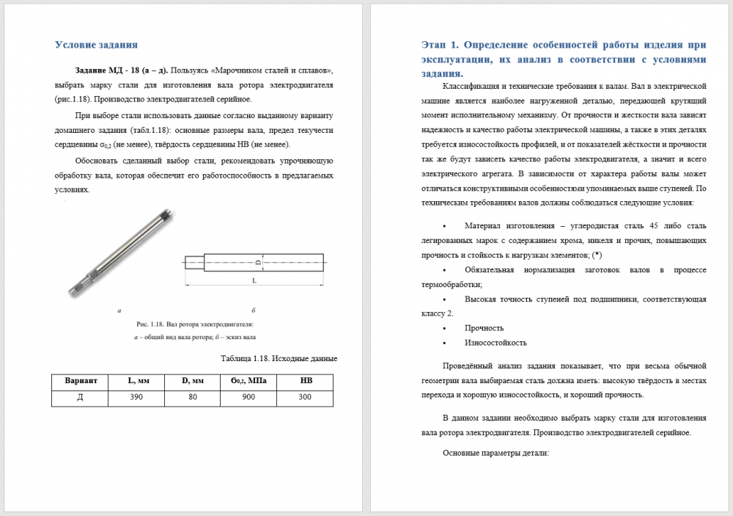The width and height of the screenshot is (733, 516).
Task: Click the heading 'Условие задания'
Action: (x=97, y=45)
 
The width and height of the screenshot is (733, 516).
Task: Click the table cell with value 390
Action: (x=136, y=397)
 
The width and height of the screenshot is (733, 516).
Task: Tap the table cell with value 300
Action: (x=306, y=397)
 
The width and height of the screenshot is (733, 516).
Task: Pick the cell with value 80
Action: (x=193, y=397)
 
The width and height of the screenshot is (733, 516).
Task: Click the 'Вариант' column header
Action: (x=81, y=381)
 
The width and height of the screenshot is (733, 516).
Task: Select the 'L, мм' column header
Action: (x=136, y=381)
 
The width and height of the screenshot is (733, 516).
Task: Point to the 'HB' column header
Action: (x=306, y=381)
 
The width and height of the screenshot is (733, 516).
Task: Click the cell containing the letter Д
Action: (x=81, y=397)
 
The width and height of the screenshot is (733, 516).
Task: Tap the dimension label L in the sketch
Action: (x=254, y=281)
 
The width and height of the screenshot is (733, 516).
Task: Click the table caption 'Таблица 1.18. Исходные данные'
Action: (x=279, y=359)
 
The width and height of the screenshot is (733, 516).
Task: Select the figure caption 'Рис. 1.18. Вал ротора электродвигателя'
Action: (x=194, y=324)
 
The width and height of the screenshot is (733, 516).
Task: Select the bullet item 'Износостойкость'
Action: (x=496, y=343)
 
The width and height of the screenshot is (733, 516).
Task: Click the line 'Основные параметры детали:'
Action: (x=496, y=453)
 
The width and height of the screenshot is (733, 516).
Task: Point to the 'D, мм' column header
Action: (x=193, y=381)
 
